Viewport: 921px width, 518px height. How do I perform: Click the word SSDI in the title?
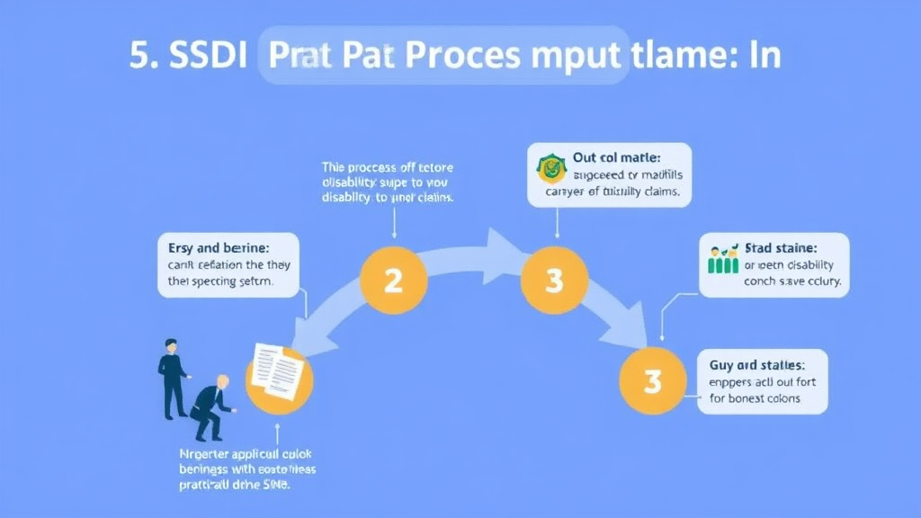pyautogui.click(x=197, y=56)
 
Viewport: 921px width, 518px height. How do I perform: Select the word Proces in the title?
pyautogui.click(x=461, y=56)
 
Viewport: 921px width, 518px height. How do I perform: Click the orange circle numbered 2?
pyautogui.click(x=393, y=281)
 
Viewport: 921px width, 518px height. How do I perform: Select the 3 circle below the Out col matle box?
pyautogui.click(x=554, y=281)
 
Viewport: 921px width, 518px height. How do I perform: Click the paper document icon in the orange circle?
pyautogui.click(x=277, y=371)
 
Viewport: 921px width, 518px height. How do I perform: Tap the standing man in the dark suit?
pyautogui.click(x=172, y=378)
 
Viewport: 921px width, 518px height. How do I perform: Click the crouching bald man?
pyautogui.click(x=211, y=406)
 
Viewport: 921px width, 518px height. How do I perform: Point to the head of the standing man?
pyautogui.click(x=171, y=345)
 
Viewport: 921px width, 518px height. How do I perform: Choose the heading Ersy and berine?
pyautogui.click(x=219, y=246)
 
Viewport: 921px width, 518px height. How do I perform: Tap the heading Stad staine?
pyautogui.click(x=781, y=247)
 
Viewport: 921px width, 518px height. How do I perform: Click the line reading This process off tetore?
pyautogui.click(x=388, y=167)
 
